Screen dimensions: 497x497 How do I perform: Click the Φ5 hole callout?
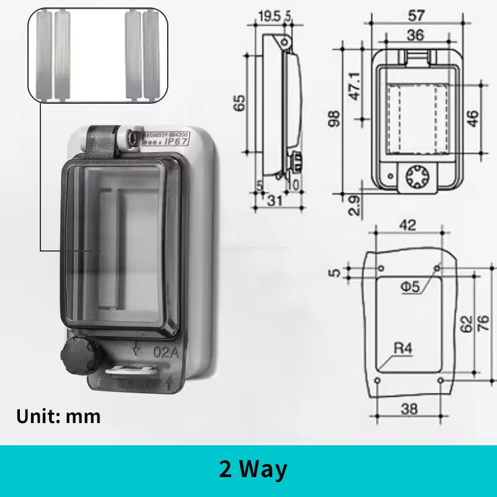click(411, 286)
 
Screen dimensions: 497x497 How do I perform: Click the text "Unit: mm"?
click(58, 416)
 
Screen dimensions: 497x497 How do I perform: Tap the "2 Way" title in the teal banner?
click(253, 469)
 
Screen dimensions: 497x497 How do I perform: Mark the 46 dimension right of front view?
click(473, 118)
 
